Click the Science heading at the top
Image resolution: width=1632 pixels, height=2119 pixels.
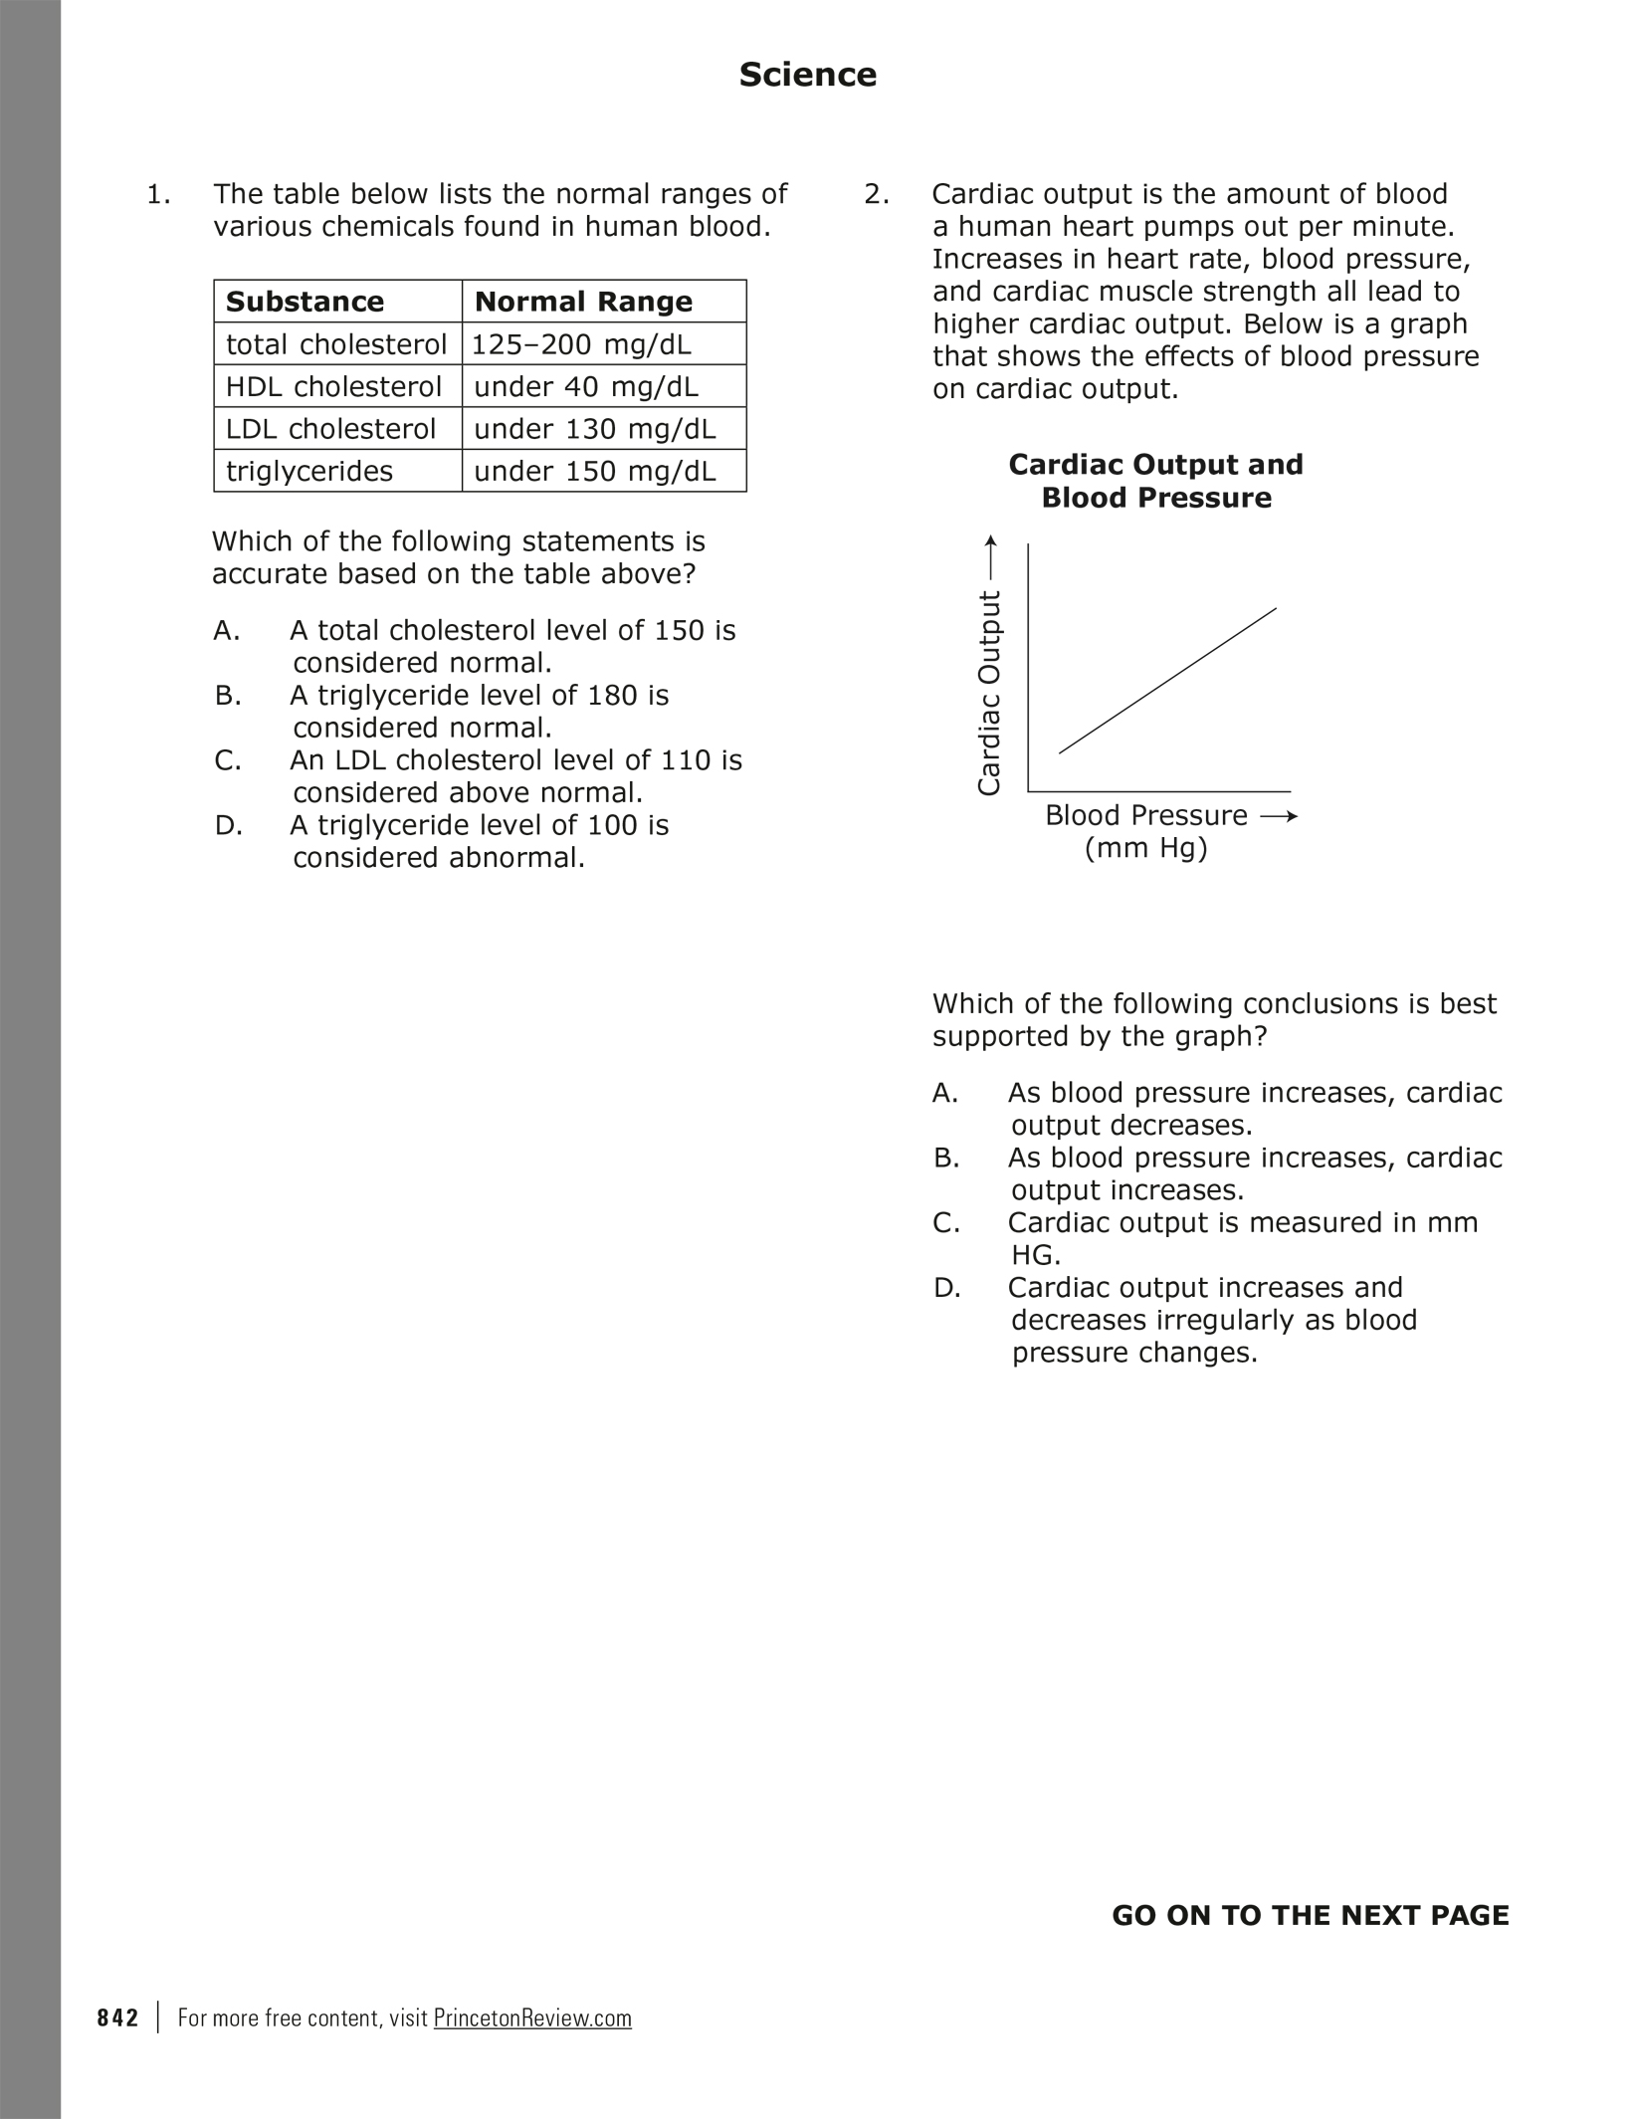(x=807, y=75)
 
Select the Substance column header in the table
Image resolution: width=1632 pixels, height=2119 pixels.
(x=305, y=302)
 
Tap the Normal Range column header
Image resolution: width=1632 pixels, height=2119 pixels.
(x=583, y=302)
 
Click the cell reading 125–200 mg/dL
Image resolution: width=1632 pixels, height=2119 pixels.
(x=580, y=344)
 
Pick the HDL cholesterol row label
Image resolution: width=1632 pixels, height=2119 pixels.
(x=333, y=386)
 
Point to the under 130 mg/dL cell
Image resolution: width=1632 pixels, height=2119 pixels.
(x=594, y=429)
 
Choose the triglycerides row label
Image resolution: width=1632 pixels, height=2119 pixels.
(x=309, y=471)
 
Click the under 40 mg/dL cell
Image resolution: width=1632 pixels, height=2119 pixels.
(x=586, y=386)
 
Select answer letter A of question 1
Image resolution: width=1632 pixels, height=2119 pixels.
(x=226, y=631)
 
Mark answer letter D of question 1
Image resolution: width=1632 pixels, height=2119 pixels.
(x=228, y=826)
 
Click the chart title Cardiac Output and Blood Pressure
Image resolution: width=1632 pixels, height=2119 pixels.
(x=1155, y=481)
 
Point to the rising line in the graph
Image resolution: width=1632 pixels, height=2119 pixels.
(x=1167, y=681)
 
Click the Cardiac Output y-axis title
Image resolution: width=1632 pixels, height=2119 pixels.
(x=988, y=693)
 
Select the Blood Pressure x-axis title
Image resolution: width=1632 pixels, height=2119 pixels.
(x=1145, y=816)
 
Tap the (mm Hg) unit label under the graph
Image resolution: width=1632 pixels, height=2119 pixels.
(x=1145, y=849)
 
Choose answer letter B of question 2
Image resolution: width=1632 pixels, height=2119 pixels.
(x=945, y=1159)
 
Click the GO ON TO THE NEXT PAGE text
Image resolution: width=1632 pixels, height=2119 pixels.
(x=1310, y=1916)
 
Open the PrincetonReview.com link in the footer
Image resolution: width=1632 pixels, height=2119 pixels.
(x=532, y=2018)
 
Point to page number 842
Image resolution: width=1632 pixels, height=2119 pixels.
(x=117, y=2018)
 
